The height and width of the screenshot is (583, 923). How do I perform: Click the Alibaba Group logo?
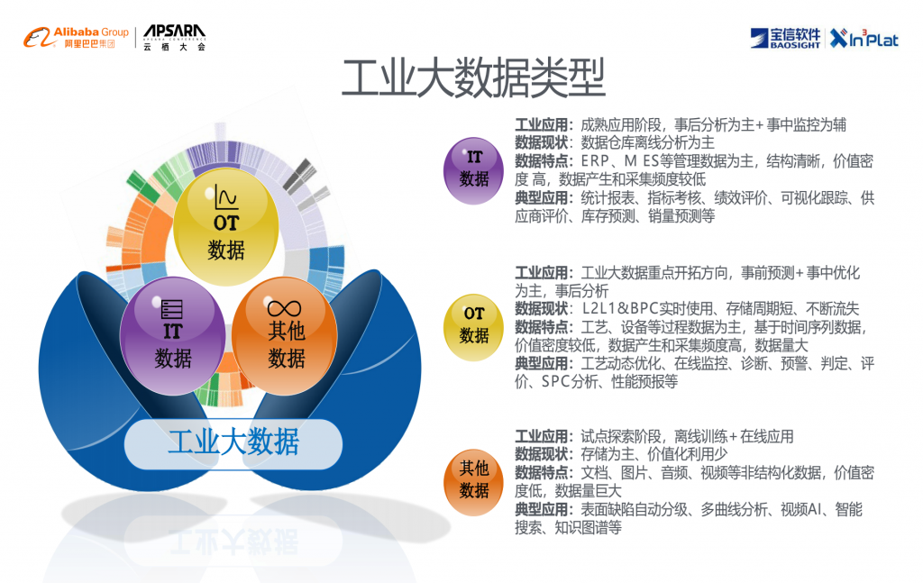[x=76, y=37]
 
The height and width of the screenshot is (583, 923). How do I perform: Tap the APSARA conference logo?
[x=174, y=38]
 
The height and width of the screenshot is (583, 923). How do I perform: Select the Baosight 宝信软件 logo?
[x=785, y=38]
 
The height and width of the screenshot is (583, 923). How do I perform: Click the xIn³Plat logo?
[x=864, y=38]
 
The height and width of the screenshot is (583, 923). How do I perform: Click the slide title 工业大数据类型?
[x=474, y=77]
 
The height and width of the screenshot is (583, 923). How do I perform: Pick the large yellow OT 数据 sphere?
[x=226, y=226]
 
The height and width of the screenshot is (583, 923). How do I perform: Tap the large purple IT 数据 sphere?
[x=172, y=336]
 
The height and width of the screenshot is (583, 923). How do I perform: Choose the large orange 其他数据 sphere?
[x=284, y=336]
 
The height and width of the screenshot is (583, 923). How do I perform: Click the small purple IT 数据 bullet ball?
[x=473, y=171]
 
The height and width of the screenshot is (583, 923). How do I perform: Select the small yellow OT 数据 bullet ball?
[x=473, y=327]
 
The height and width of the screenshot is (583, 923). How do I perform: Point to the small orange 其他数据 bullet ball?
[x=473, y=482]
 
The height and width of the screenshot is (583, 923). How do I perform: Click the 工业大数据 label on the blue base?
[x=233, y=443]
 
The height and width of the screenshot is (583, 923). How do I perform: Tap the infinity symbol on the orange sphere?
[x=284, y=308]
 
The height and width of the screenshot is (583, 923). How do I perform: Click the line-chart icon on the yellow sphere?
[x=226, y=196]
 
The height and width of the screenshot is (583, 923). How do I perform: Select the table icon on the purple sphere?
[x=172, y=309]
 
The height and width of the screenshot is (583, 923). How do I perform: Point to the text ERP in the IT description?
[x=595, y=161]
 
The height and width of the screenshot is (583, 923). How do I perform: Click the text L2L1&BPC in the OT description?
[x=620, y=309]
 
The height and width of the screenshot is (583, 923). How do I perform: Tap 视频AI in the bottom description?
[x=800, y=509]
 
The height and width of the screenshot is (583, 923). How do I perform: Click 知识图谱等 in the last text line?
[x=588, y=528]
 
